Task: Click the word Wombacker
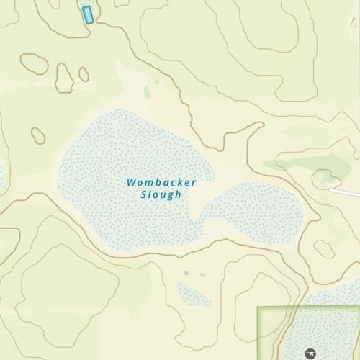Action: pos(161,183)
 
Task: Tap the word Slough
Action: pos(161,195)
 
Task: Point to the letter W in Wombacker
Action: pos(132,183)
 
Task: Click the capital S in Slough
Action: pos(144,195)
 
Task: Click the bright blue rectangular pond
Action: pos(88,14)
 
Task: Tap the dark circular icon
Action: pos(310,353)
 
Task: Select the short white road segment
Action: pos(346,191)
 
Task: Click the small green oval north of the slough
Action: pos(147,93)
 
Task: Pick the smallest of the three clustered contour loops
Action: pos(84,74)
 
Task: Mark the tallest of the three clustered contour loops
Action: pos(64,78)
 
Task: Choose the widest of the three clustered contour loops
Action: pos(34,63)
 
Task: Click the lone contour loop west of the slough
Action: pos(38,135)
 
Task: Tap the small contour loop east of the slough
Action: pos(324,248)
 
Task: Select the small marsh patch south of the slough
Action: pos(194,294)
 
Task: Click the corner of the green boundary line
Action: pos(258,309)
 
